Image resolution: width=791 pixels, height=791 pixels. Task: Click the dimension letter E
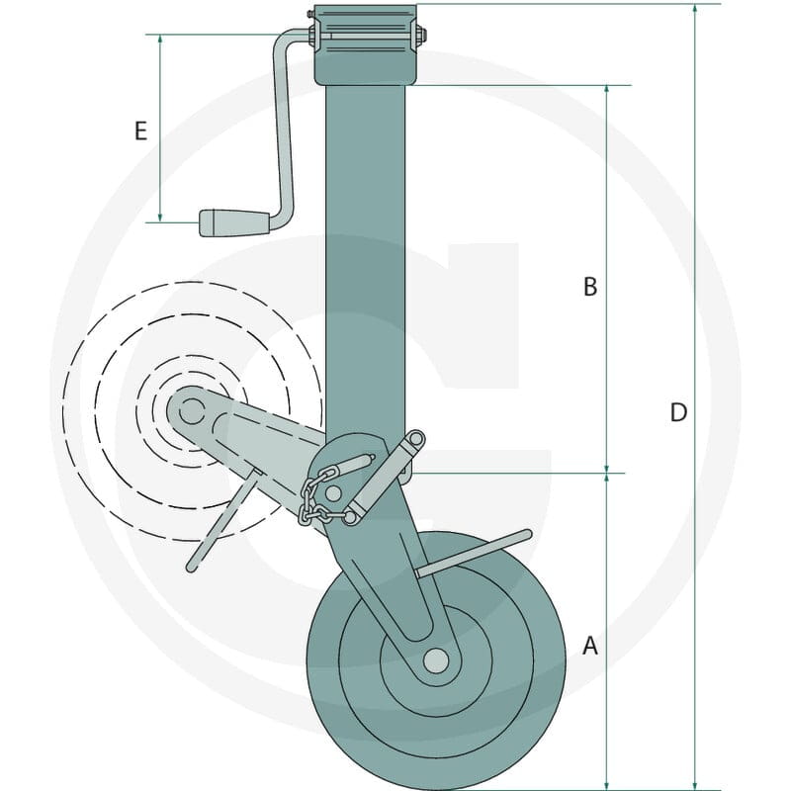140,131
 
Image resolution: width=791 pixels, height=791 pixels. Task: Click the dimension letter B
590,287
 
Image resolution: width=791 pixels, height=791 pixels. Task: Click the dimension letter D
678,412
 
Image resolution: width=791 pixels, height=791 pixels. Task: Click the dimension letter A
590,646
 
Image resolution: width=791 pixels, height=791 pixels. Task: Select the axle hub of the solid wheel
436,660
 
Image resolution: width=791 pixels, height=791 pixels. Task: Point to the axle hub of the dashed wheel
192,411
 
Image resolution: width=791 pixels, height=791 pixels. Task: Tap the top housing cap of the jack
365,44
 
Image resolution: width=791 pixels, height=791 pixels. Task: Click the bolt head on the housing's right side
422,35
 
